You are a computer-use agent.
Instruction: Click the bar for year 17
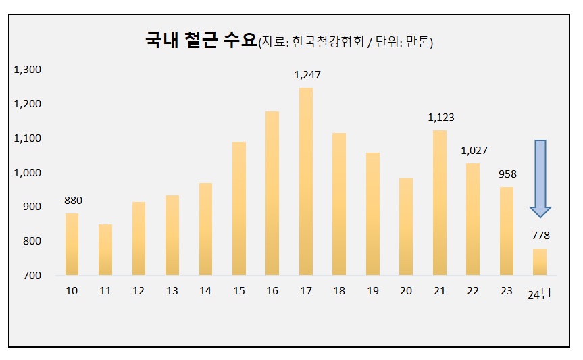click(306, 181)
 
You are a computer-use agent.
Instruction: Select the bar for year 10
click(72, 244)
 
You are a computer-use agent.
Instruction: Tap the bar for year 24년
click(540, 261)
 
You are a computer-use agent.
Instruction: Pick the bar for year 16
click(272, 193)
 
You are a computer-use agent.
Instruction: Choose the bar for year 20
click(406, 226)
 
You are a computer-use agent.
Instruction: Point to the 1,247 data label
click(307, 75)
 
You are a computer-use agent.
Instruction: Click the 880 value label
click(72, 201)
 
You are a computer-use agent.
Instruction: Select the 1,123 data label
click(440, 118)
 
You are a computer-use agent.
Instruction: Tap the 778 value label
click(540, 236)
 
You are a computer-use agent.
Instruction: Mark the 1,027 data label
click(474, 151)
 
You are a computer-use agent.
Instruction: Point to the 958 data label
click(507, 174)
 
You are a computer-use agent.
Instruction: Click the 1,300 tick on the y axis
click(28, 70)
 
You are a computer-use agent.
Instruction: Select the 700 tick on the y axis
click(32, 276)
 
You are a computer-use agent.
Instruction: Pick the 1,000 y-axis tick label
click(28, 173)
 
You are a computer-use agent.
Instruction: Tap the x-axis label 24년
click(540, 294)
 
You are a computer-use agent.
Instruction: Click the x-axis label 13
click(172, 291)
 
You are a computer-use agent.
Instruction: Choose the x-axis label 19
click(373, 291)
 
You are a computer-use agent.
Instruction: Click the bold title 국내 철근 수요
click(201, 40)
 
